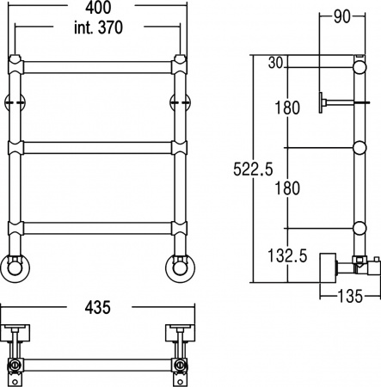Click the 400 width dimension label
99,9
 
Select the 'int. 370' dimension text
99,28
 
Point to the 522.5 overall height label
251,169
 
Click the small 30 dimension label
275,62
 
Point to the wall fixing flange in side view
320,102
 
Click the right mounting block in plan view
181,332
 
